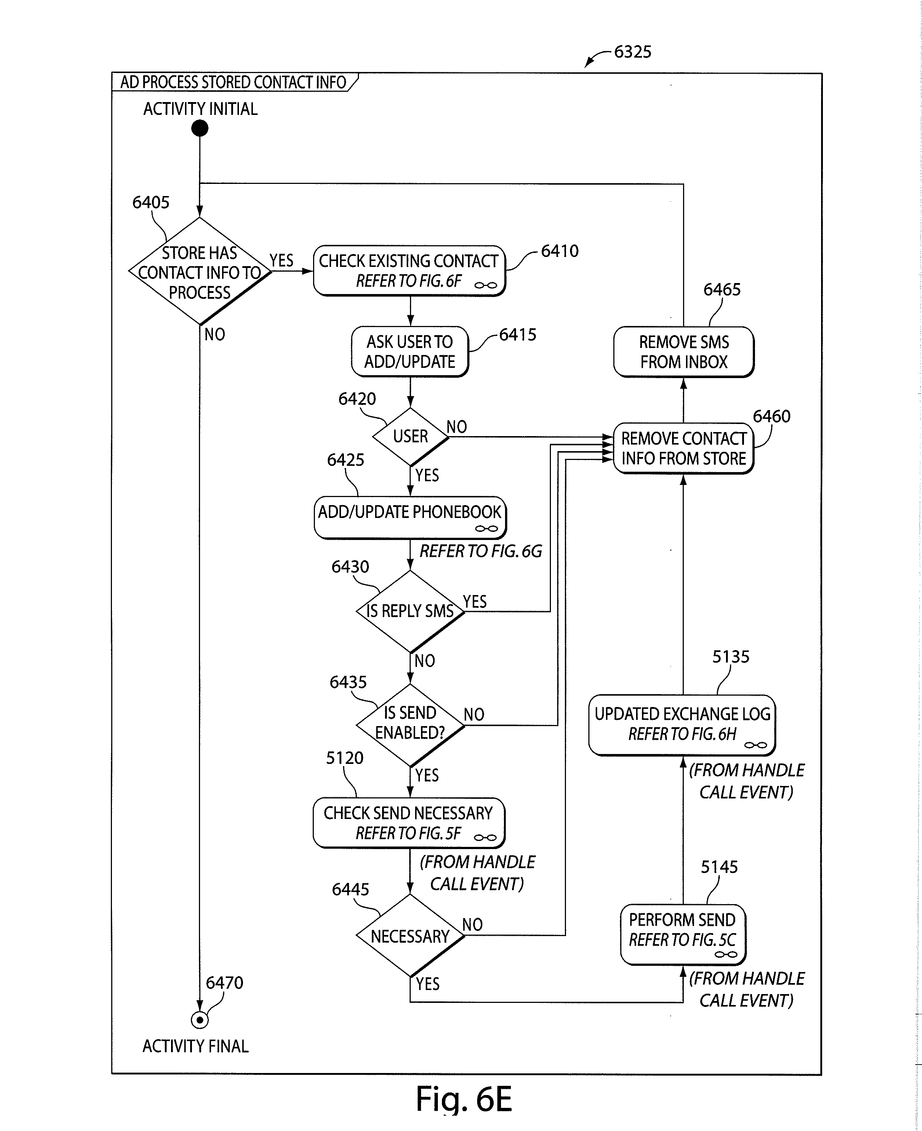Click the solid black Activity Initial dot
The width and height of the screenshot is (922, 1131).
point(200,128)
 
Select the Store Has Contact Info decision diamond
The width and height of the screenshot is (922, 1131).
point(200,271)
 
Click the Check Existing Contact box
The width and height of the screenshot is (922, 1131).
point(409,271)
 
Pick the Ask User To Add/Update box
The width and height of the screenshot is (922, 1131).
point(410,352)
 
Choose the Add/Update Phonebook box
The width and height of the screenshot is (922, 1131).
point(410,517)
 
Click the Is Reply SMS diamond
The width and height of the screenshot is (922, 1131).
point(410,611)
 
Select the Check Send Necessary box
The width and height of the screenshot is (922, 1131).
point(409,822)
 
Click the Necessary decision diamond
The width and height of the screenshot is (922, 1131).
point(410,936)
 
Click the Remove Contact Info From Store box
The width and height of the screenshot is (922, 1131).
point(683,448)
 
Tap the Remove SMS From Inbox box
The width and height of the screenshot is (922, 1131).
point(683,352)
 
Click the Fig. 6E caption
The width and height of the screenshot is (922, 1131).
point(464,1099)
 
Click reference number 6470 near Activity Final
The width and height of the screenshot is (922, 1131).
point(224,982)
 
